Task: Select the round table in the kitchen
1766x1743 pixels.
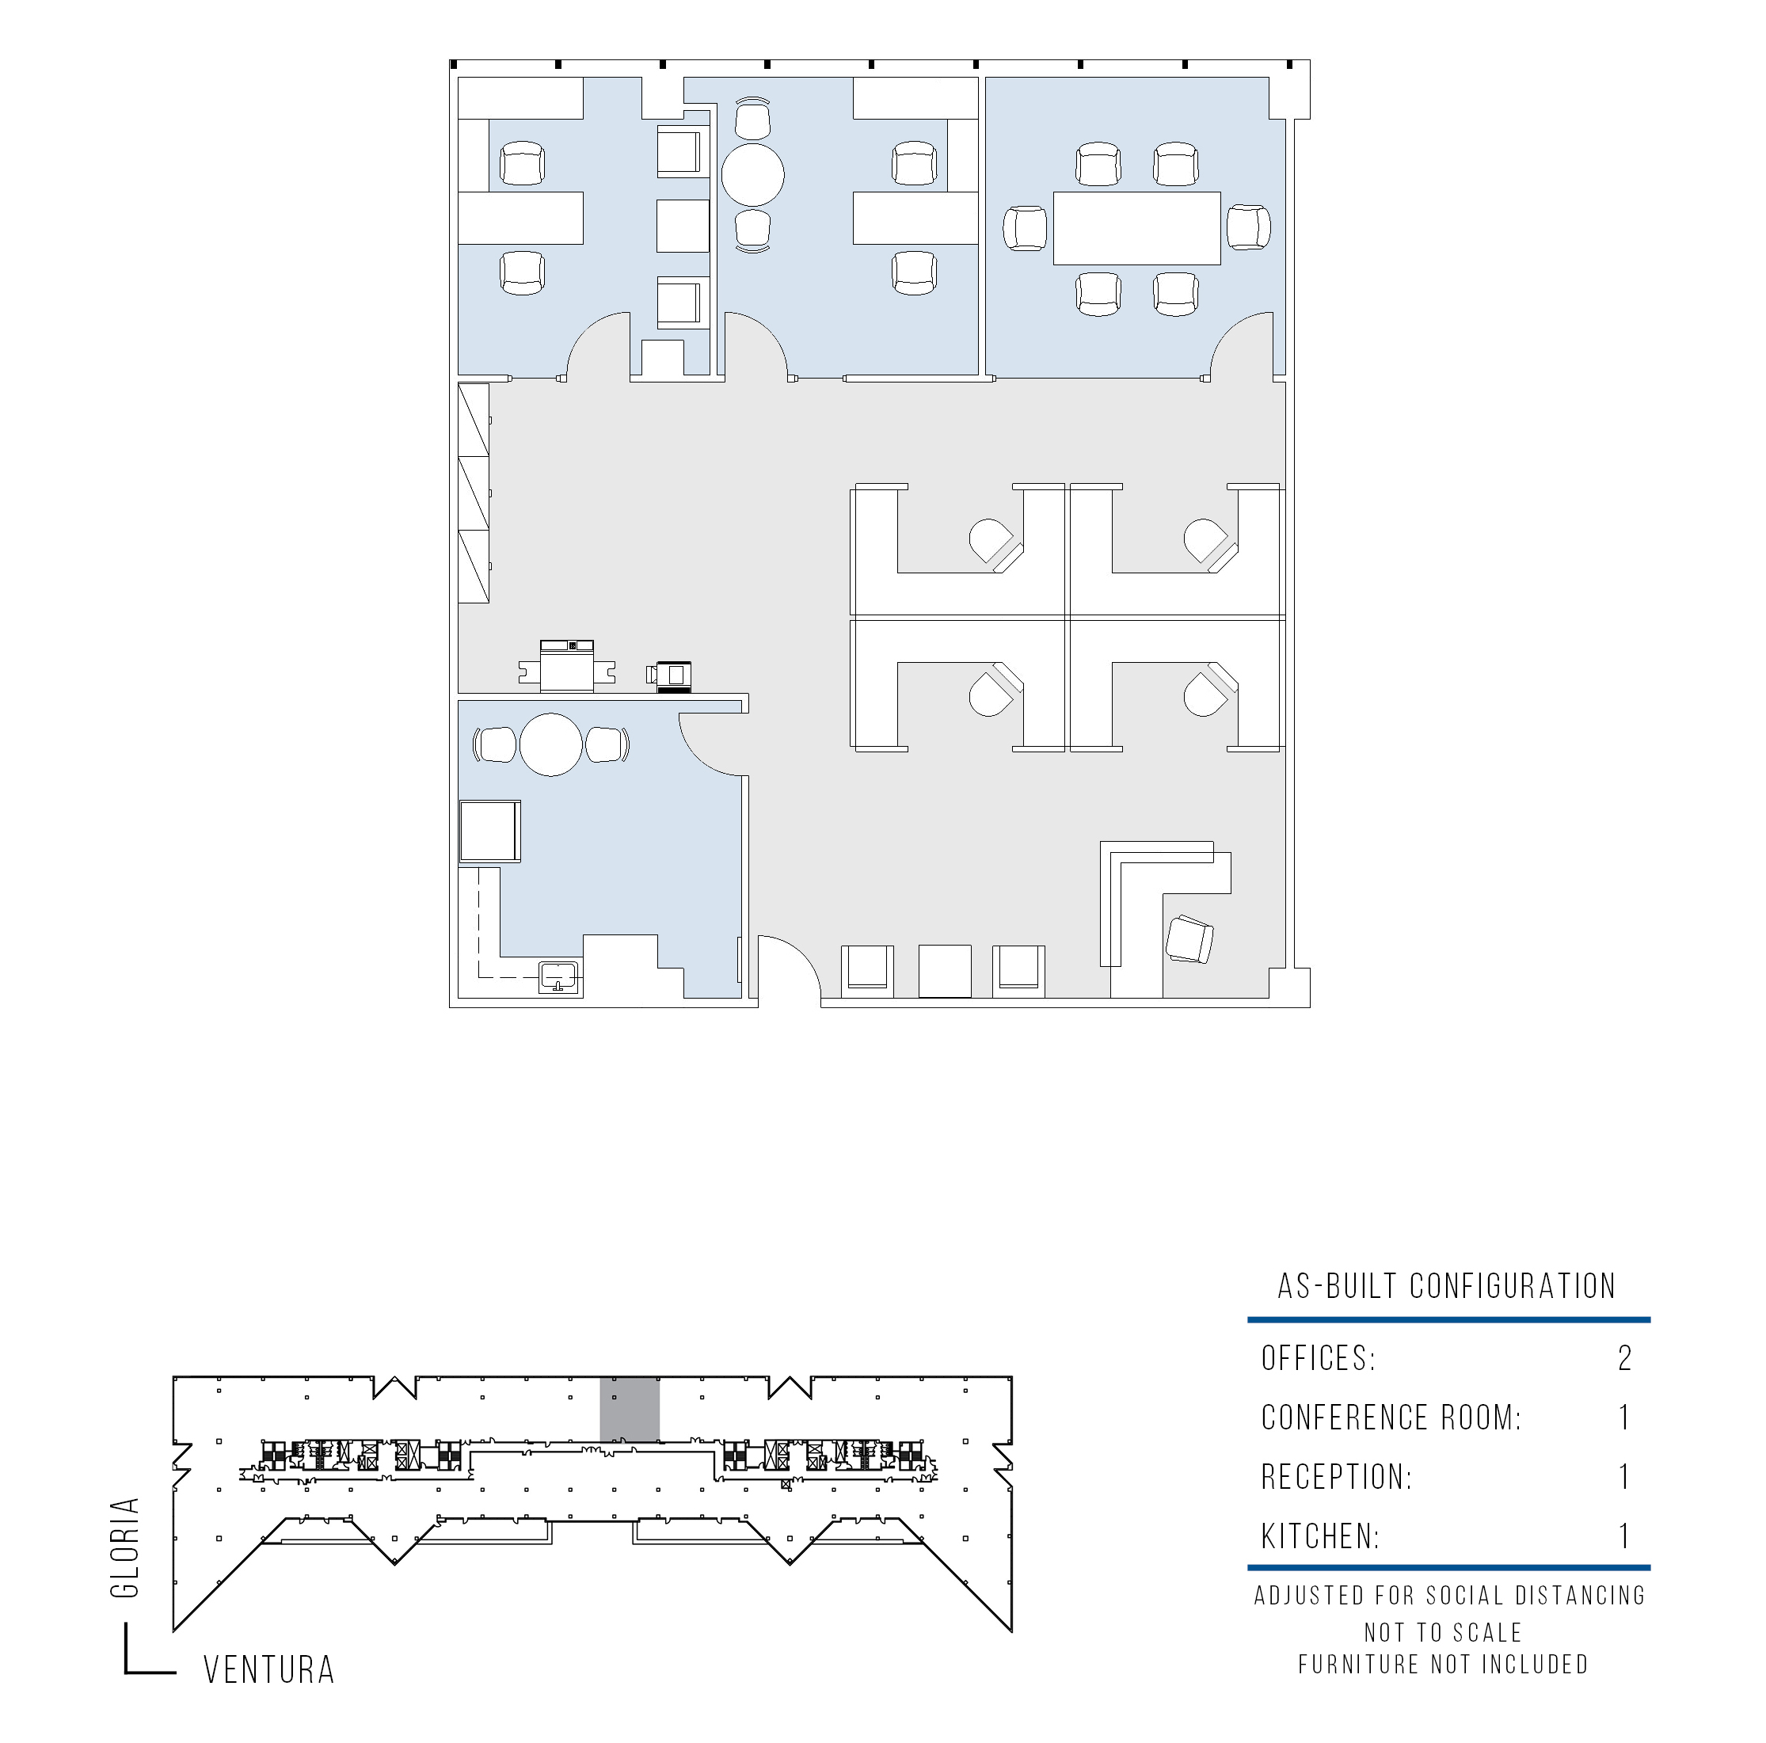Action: (x=551, y=745)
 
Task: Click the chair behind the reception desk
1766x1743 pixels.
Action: (x=1190, y=938)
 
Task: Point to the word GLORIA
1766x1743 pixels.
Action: (x=124, y=1547)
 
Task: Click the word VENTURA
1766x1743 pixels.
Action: (x=268, y=1670)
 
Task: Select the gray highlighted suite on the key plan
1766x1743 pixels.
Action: (x=629, y=1410)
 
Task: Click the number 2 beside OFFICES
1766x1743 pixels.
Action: (x=1624, y=1358)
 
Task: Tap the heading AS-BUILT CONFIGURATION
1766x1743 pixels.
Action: (x=1447, y=1287)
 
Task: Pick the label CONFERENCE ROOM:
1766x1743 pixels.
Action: (x=1391, y=1418)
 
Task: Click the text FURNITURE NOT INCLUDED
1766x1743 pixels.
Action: (x=1444, y=1665)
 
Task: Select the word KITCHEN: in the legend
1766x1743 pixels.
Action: (x=1320, y=1536)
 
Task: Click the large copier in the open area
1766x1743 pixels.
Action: (x=567, y=666)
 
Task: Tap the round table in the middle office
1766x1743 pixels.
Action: (x=753, y=174)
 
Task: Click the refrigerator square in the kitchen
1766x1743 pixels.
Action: (x=490, y=832)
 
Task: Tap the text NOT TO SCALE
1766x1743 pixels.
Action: (x=1444, y=1632)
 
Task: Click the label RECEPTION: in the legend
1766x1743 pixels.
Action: (x=1337, y=1477)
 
